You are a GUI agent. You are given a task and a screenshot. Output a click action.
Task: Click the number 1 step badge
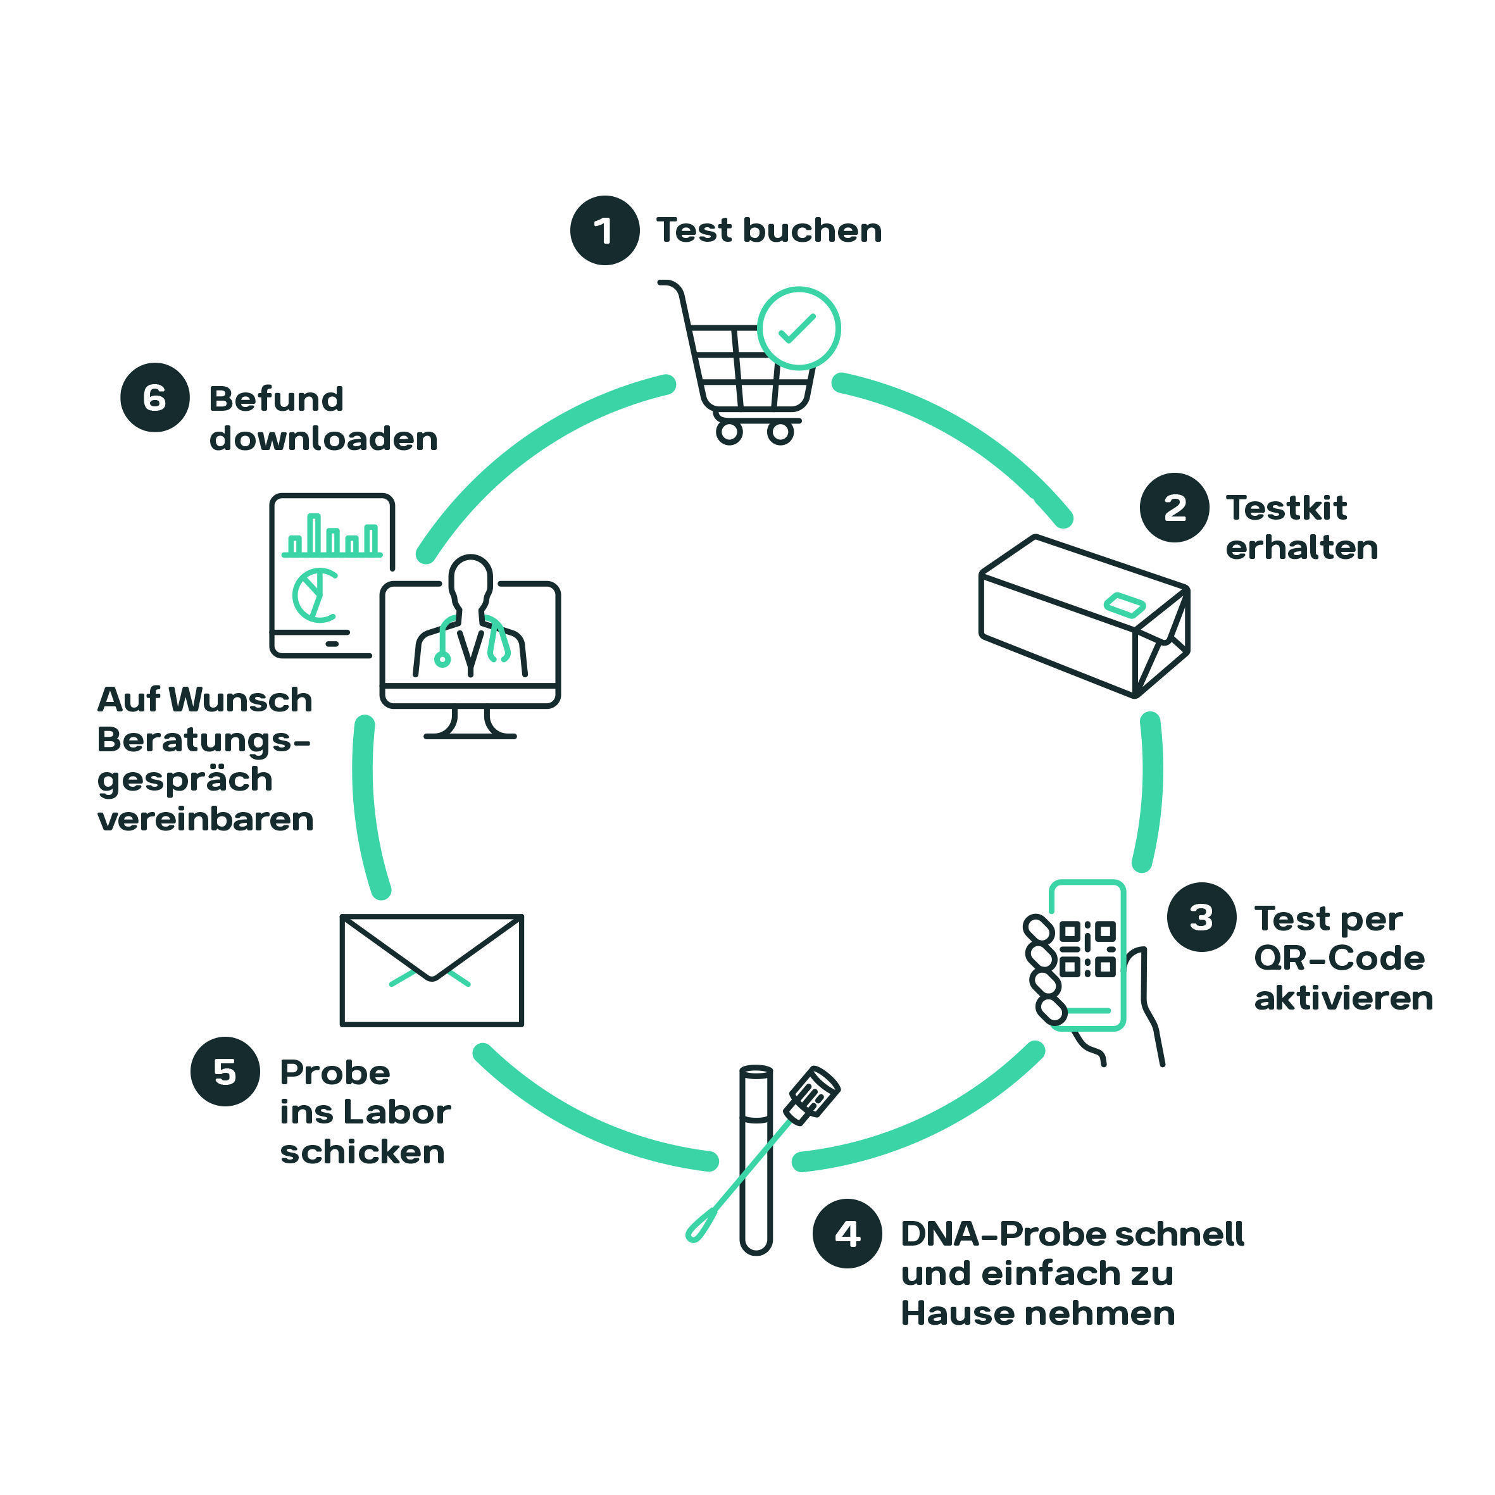[604, 230]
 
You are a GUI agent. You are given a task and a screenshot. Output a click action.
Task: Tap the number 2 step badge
[1174, 508]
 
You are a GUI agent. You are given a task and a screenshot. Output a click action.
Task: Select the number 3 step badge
[1201, 917]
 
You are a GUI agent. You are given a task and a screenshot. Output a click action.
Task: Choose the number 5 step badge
[225, 1072]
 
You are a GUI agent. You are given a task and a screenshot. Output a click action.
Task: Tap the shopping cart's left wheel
[729, 432]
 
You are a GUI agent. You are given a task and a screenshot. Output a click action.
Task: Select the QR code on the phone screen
[1087, 948]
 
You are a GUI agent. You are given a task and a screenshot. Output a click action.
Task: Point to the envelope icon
[432, 970]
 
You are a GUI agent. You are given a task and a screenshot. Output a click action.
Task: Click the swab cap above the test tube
[813, 1093]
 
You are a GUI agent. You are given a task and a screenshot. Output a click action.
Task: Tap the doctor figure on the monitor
[470, 619]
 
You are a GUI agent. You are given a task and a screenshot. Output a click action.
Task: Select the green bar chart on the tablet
[333, 536]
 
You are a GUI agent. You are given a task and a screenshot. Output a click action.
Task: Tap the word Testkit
[1286, 508]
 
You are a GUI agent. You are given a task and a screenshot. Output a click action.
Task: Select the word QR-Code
[1339, 958]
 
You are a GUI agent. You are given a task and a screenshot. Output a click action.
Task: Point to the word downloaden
[323, 439]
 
